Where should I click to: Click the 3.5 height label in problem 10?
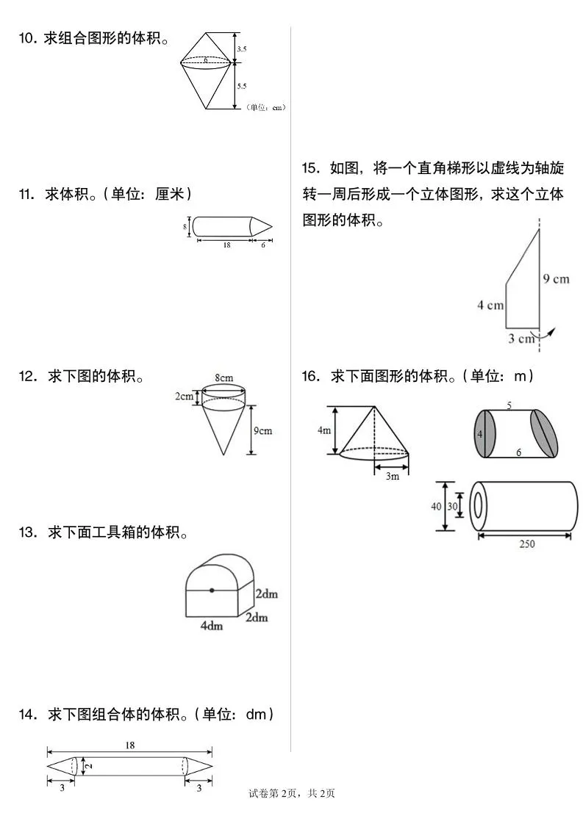click(x=242, y=49)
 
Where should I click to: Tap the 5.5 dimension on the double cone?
click(x=242, y=86)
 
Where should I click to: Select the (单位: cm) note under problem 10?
click(x=265, y=108)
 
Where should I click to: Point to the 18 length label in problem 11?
click(x=226, y=245)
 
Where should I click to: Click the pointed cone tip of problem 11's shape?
click(x=271, y=227)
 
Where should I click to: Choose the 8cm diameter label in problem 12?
click(x=224, y=378)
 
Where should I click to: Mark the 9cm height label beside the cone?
click(x=263, y=430)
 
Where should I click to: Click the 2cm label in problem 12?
click(x=184, y=397)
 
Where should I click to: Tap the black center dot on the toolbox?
click(x=212, y=590)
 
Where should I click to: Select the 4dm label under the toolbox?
click(x=212, y=626)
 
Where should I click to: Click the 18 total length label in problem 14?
click(x=129, y=745)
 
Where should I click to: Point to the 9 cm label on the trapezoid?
click(x=557, y=279)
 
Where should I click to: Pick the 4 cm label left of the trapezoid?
click(x=490, y=305)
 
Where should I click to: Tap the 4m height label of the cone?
click(x=324, y=431)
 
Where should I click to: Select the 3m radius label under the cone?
click(x=392, y=476)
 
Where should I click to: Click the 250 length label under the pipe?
click(x=526, y=544)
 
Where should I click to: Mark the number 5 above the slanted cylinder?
click(x=509, y=405)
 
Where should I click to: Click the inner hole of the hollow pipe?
click(x=479, y=506)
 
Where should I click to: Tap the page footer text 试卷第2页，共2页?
click(x=292, y=793)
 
